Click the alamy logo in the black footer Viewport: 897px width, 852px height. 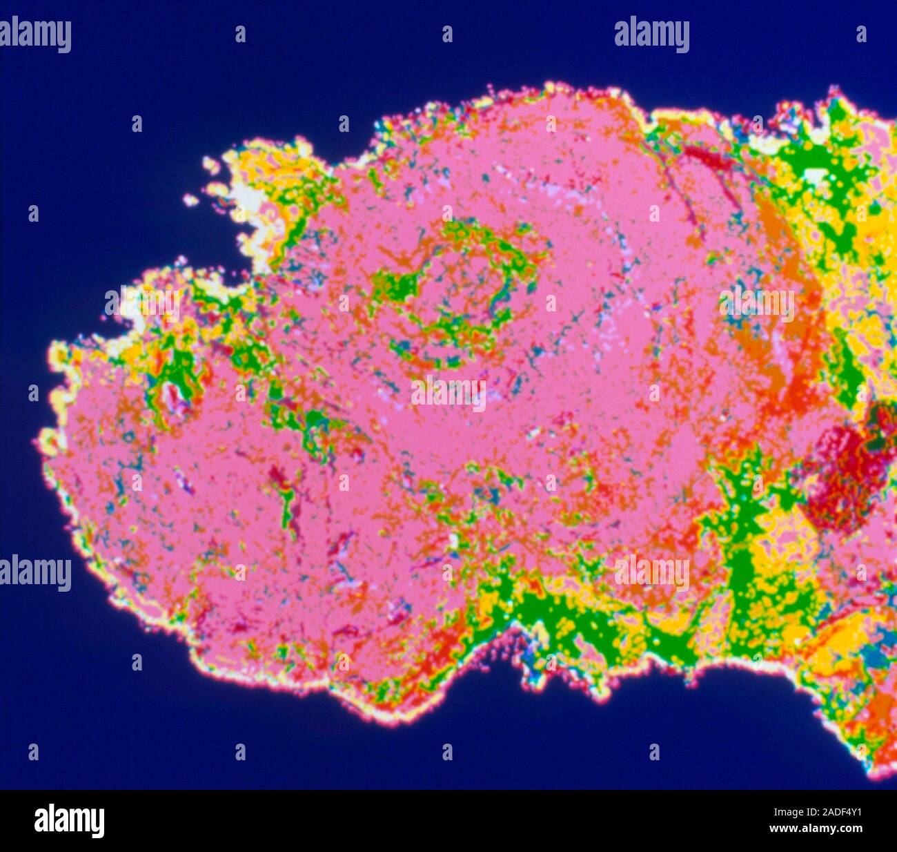(x=70, y=821)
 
